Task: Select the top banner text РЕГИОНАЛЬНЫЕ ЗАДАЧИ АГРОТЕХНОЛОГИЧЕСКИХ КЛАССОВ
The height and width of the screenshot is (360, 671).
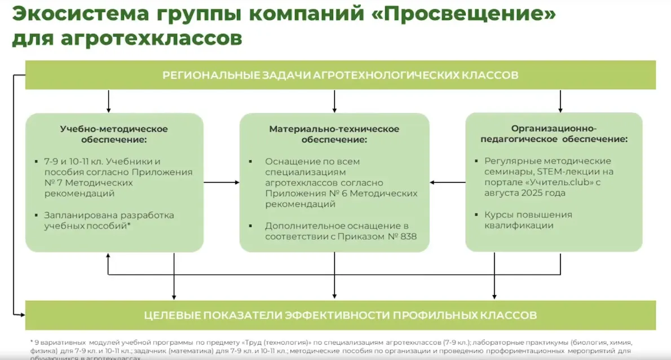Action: point(340,75)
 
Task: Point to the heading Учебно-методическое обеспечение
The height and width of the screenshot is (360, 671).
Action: point(114,134)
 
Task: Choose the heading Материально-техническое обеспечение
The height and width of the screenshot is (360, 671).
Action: point(334,134)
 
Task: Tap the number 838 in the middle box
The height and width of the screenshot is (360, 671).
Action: point(407,236)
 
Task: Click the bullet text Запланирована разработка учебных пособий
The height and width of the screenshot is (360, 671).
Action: point(109,220)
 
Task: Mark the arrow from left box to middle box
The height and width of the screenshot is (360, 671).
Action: point(221,182)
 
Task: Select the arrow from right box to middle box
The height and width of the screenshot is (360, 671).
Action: point(447,182)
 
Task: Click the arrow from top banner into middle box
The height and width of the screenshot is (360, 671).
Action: point(334,101)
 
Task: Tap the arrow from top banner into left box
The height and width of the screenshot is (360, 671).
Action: point(108,101)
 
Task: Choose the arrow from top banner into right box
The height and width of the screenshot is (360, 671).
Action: point(560,101)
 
